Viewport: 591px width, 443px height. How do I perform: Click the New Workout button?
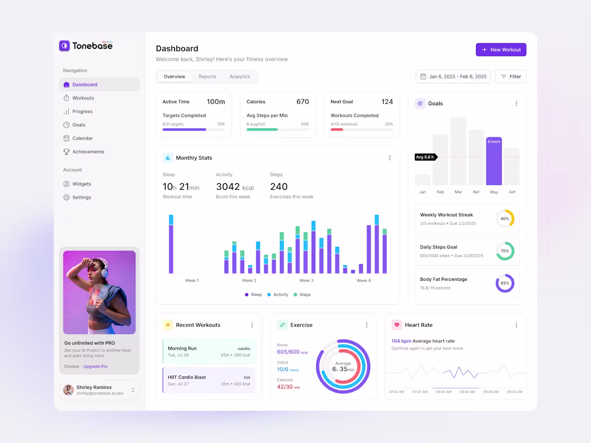[x=501, y=50]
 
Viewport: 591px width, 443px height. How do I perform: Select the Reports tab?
[x=207, y=77]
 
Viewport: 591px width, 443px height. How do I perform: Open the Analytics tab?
[x=240, y=77]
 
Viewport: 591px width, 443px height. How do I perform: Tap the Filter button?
[x=510, y=77]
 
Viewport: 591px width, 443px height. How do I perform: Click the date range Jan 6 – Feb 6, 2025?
[x=453, y=77]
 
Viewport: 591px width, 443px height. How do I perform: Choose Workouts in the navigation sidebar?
[x=83, y=98]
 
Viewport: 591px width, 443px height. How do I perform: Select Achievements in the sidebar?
[x=88, y=152]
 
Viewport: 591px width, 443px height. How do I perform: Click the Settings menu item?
[x=82, y=198]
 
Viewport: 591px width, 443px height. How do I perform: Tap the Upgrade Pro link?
[x=95, y=367]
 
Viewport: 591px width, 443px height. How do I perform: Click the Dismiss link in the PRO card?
[x=71, y=367]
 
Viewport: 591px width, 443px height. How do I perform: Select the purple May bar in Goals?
[x=494, y=161]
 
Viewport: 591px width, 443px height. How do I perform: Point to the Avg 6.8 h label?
[x=425, y=157]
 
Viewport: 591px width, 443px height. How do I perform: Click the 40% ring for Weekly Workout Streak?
[x=505, y=219]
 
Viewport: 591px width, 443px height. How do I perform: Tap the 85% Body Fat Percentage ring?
[x=505, y=283]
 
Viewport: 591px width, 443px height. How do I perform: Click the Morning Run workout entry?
[x=208, y=352]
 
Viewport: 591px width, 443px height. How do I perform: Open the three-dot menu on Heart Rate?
[x=516, y=325]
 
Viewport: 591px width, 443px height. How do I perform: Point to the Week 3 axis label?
[x=306, y=281]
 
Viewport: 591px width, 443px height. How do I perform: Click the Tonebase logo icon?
[x=64, y=46]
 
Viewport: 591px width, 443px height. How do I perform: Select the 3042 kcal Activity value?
[x=235, y=187]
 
